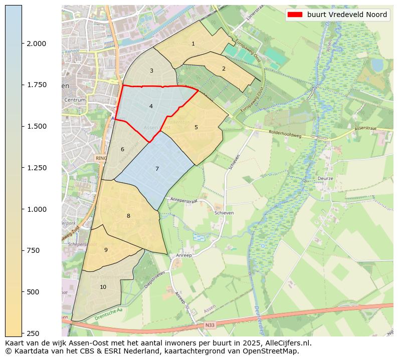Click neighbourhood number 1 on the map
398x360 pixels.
[193, 44]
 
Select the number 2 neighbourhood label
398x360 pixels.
[224, 69]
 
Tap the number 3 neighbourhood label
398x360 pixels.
[151, 71]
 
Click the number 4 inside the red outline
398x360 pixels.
[151, 107]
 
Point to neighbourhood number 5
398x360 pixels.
[196, 127]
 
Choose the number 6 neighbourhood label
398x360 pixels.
[122, 149]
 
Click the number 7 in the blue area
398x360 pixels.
[157, 169]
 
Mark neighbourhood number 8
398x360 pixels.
[128, 216]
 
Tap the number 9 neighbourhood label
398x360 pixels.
[106, 250]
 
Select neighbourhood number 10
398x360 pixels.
[103, 287]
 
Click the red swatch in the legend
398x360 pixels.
[295, 15]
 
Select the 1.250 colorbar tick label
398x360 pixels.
[37, 168]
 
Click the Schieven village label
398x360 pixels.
[224, 213]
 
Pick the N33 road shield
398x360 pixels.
[210, 325]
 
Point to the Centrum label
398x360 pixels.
[75, 100]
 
